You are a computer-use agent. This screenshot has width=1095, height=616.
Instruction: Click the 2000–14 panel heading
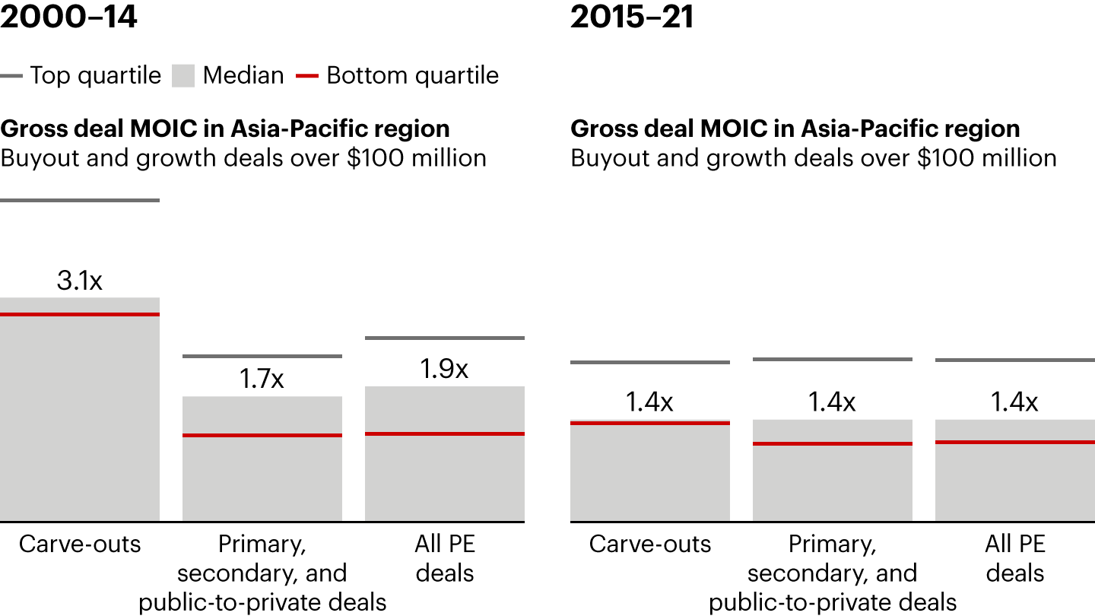pos(69,17)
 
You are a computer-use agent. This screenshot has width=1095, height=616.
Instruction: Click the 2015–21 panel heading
pos(632,17)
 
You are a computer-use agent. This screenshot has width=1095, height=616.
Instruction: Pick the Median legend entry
pos(228,75)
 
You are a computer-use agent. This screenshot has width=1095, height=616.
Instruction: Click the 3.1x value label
pos(79,281)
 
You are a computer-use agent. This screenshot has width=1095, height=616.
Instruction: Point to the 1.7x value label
pos(262,379)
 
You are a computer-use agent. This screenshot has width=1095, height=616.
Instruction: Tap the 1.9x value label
pos(444,369)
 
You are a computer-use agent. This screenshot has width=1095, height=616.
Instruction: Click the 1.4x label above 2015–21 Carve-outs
pos(649,402)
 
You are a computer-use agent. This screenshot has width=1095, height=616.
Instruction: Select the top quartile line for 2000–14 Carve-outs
pos(80,200)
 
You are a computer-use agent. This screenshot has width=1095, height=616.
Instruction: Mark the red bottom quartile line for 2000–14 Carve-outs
pos(80,314)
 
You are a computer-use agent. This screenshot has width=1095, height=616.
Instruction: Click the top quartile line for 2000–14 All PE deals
pos(445,338)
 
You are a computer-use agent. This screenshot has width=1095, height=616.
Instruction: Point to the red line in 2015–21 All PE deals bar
pos(1015,442)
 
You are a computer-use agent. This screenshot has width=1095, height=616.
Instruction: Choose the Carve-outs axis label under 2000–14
pos(80,545)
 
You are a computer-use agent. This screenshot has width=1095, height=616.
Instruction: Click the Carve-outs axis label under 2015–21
pos(650,545)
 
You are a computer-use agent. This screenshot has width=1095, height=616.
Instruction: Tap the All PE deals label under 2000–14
pos(445,558)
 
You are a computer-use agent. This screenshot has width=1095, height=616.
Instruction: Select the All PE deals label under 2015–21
pos(1015,558)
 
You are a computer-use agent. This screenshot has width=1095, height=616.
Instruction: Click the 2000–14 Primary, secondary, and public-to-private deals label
pos(262,573)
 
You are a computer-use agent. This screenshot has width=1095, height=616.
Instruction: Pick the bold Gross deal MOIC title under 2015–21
pos(795,129)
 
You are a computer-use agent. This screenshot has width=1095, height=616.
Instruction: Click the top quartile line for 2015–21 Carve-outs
pos(650,362)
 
